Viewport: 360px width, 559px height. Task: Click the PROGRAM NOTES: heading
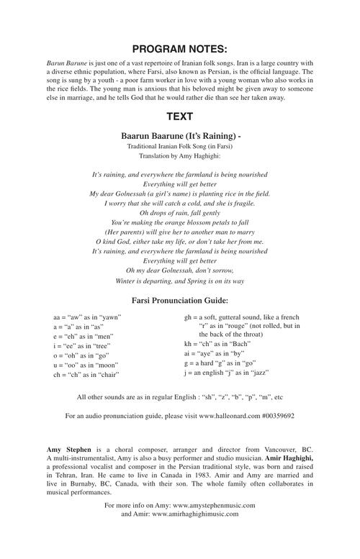click(180, 49)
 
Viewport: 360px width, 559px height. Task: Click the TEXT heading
click(180, 116)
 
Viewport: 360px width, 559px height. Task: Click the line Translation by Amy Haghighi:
click(180, 155)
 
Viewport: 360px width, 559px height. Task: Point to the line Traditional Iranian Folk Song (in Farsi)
click(180, 146)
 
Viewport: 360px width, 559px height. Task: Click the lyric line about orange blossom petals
click(180, 223)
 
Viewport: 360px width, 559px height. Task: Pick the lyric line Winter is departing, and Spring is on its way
click(180, 281)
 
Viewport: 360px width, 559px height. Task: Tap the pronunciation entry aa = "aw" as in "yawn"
click(87, 317)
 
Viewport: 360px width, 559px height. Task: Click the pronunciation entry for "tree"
click(81, 346)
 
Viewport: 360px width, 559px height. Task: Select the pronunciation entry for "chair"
click(86, 375)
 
